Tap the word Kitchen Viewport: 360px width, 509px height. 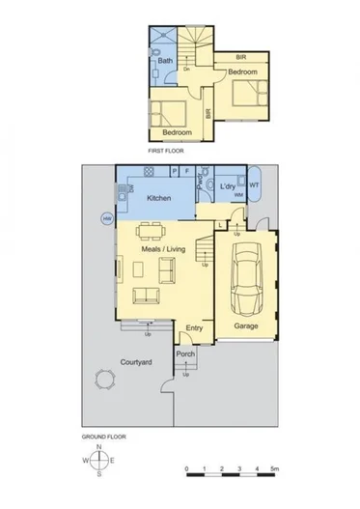[159, 197]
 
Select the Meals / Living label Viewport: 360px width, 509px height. [162, 248]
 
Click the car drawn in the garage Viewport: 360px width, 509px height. [245, 280]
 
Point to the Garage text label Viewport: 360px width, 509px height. [245, 325]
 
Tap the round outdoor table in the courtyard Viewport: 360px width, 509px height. [103, 381]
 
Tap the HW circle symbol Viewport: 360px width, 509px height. [106, 219]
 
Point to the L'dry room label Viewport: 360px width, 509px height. [228, 184]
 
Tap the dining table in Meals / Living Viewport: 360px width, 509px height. [150, 232]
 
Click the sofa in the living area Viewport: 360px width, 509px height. [145, 295]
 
